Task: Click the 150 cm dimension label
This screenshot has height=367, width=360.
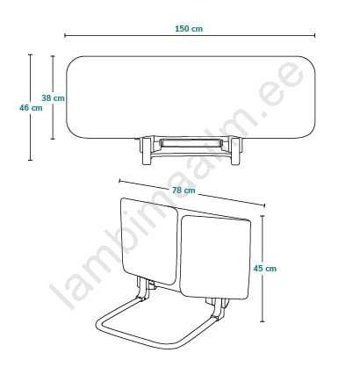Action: coord(189,29)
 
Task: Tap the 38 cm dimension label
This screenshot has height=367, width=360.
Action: coord(53,98)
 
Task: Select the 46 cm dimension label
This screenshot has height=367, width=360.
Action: coord(31,108)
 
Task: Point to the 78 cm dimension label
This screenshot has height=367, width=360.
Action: coord(184,191)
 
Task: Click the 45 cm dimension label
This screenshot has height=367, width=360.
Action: coord(265,269)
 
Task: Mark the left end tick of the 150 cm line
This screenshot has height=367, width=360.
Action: coord(65,35)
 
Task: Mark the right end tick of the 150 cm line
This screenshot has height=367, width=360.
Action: coord(315,35)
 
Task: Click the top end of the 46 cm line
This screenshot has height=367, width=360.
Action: coord(30,54)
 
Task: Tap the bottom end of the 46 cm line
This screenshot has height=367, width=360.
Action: coord(30,160)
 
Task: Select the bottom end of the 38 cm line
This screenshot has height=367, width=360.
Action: coord(53,139)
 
